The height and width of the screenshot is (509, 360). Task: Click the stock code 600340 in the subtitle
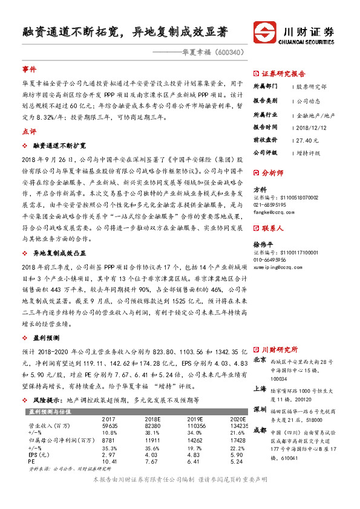(231, 52)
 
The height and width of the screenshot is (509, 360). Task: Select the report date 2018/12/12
(312, 127)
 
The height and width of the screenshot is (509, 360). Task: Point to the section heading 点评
(29, 131)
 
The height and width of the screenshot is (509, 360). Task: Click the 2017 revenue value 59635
(110, 426)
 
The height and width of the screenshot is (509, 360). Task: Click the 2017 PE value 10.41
(110, 462)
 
